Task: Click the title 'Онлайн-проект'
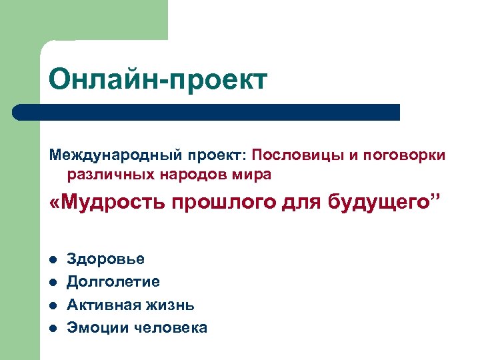[158, 79]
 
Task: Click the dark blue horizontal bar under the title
[207, 112]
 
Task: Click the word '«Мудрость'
[107, 203]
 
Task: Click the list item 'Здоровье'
[105, 259]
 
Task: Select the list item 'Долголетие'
[113, 281]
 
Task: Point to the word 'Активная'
[103, 305]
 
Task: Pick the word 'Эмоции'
[97, 327]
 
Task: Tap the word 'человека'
[170, 327]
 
